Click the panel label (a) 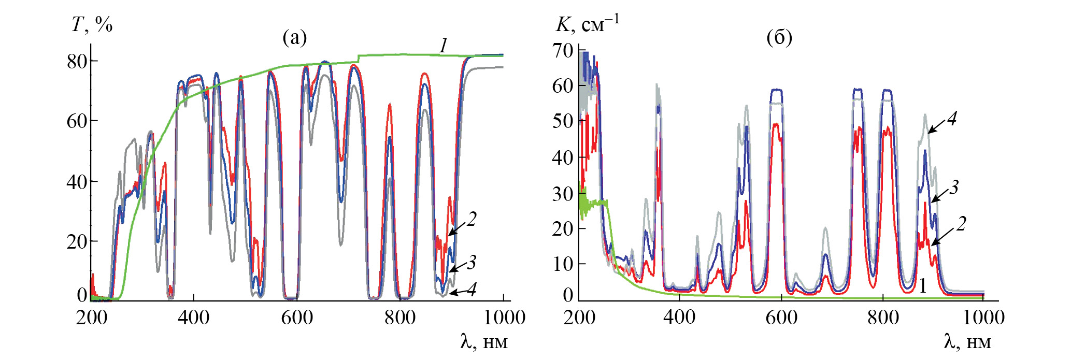coord(294,37)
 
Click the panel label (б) coord(779,37)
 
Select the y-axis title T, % coord(92,24)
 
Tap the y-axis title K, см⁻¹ coord(587,24)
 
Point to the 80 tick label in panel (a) coord(77,61)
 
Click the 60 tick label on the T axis coord(77,121)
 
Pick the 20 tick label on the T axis coord(77,241)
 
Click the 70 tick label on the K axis coord(563,51)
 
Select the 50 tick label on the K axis coord(563,121)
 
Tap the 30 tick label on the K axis coord(563,194)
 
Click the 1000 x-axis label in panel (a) coord(504,317)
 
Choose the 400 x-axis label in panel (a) coord(193,317)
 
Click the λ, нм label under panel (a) coord(484,341)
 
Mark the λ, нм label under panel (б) coord(967,341)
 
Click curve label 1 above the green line coord(444,46)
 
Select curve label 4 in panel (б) coord(952,119)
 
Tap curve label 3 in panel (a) coord(471,263)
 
